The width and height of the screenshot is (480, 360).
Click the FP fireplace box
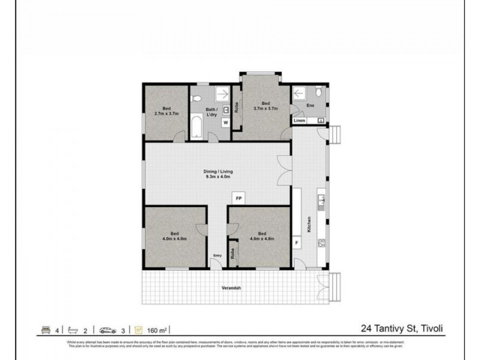pyautogui.click(x=238, y=197)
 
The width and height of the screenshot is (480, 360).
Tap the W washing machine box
pyautogui.click(x=226, y=123)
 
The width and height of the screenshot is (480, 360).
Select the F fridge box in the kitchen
pyautogui.click(x=296, y=242)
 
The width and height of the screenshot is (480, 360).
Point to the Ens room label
pyautogui.click(x=310, y=106)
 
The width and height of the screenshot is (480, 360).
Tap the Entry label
pyautogui.click(x=217, y=256)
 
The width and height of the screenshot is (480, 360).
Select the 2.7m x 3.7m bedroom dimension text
pyautogui.click(x=167, y=113)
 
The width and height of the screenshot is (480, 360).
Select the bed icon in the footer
pyautogui.click(x=46, y=329)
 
